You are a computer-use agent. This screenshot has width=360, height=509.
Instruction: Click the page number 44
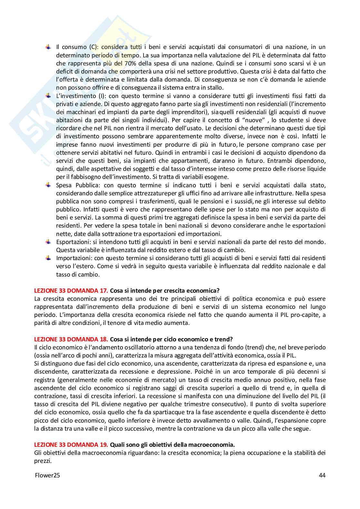[x=322, y=475]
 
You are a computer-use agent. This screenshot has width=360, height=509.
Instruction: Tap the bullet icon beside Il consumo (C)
[x=48, y=47]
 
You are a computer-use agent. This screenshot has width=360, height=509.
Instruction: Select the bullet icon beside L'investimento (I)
[x=48, y=96]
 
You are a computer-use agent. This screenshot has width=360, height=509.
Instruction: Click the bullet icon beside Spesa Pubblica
[x=48, y=185]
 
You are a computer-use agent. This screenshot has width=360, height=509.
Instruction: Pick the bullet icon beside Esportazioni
[x=48, y=242]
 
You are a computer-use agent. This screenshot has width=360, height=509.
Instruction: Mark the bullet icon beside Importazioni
[x=48, y=258]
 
